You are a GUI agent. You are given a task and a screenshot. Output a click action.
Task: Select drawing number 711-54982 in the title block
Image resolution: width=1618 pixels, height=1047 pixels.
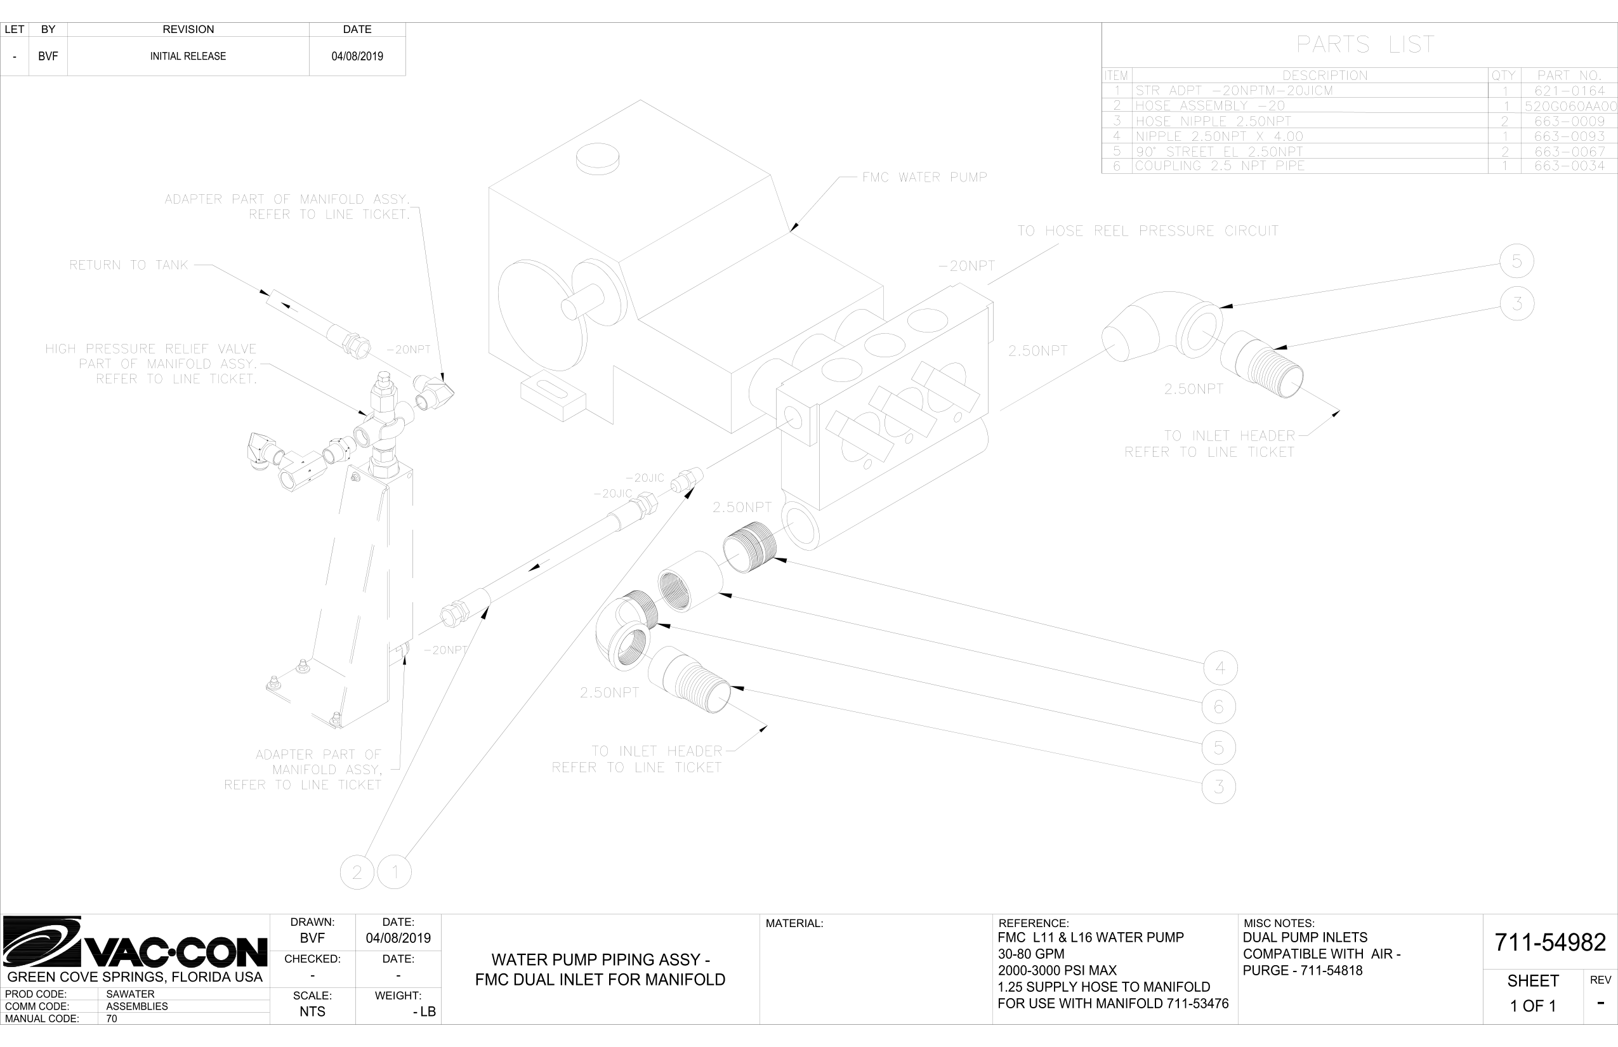coord(1550,942)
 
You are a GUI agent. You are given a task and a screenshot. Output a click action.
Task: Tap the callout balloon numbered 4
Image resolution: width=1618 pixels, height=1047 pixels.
coord(1220,668)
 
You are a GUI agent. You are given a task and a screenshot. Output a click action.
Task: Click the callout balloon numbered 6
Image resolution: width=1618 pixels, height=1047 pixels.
coord(1219,707)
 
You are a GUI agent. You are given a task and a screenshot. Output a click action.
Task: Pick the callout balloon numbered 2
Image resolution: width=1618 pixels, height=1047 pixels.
coord(357,872)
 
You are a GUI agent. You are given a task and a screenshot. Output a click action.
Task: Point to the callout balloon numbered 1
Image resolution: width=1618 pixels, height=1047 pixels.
coord(395,872)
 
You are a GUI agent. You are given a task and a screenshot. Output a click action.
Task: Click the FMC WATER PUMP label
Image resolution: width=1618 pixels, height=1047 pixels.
coord(924,178)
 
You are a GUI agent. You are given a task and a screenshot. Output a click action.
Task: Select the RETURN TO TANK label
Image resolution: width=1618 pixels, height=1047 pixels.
coord(128,265)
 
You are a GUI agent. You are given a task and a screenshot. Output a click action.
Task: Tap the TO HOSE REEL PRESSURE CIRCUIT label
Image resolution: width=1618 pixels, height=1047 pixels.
coord(1148,231)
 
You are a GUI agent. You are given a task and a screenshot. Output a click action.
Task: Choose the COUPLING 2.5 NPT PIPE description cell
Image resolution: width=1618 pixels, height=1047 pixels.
coord(1220,166)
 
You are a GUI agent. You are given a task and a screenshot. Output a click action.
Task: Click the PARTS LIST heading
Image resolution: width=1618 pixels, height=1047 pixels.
coord(1365,45)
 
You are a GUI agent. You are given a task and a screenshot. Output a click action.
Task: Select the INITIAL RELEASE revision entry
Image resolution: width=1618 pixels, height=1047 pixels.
coord(188,56)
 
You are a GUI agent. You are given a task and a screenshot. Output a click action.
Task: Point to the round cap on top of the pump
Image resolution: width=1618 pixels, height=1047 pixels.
coord(598,159)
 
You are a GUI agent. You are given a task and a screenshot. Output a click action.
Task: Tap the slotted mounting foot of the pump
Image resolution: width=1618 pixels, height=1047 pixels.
coord(552,400)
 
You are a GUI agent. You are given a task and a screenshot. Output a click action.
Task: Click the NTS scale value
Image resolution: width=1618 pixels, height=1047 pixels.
coord(312,1011)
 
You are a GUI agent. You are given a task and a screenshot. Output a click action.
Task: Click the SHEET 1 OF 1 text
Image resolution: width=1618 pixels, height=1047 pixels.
coord(1533,993)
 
